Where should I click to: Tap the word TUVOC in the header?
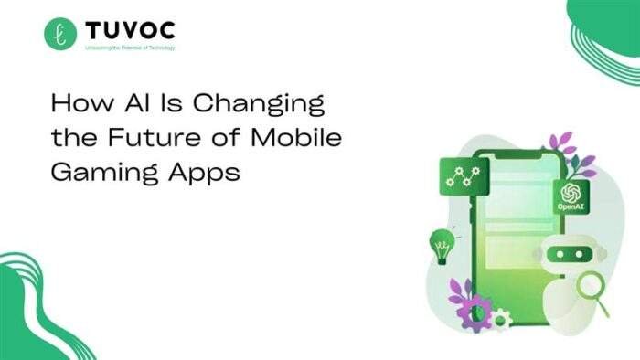click(x=132, y=30)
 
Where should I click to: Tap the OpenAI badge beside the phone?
click(x=571, y=196)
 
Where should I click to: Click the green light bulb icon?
click(x=442, y=244)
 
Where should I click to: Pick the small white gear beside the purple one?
click(x=500, y=319)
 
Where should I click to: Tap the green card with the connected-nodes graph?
click(x=462, y=178)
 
